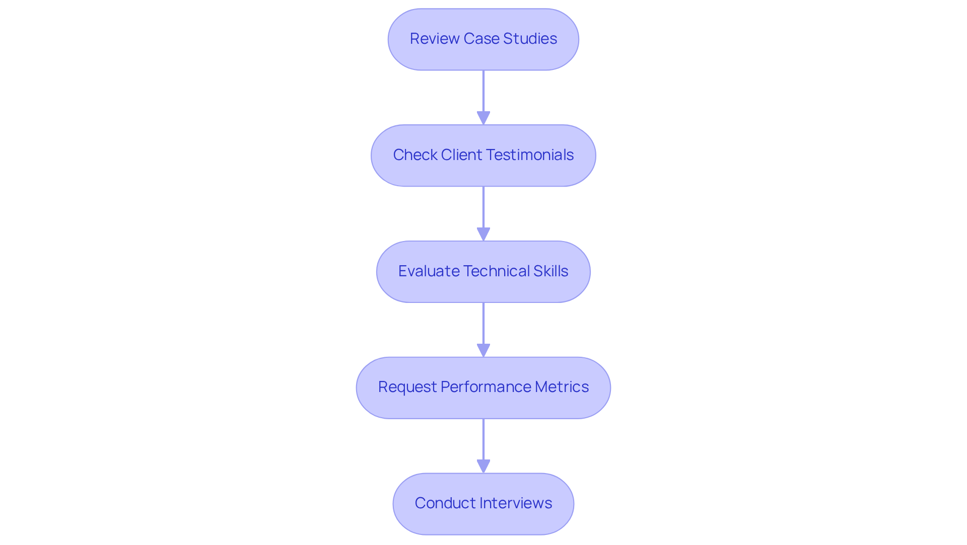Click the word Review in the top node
(435, 39)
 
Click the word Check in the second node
(415, 155)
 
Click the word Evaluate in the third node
(429, 271)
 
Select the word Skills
(550, 271)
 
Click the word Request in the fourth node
(407, 387)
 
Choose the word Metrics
(562, 387)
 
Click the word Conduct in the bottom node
(445, 503)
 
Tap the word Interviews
(516, 503)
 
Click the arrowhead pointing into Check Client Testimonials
(483, 118)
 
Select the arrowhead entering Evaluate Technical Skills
(483, 235)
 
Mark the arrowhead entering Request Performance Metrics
(483, 351)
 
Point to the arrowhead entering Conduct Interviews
(483, 466)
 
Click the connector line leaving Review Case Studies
(483, 91)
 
